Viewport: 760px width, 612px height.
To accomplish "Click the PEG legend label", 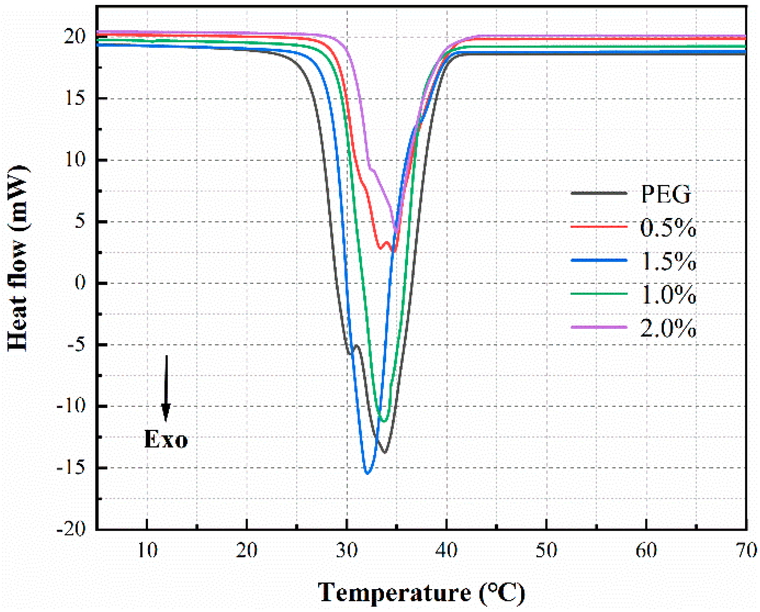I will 666,194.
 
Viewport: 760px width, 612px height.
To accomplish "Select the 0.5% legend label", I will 668,228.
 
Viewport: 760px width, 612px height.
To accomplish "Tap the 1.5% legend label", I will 668,261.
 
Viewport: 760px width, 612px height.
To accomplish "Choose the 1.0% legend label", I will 668,294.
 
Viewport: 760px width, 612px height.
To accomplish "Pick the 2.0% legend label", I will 668,328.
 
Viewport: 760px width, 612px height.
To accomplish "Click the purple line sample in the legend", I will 599,327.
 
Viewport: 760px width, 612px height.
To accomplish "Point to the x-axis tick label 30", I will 347,550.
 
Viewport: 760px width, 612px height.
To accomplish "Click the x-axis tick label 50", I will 546,550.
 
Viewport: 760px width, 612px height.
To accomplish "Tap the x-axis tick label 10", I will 147,550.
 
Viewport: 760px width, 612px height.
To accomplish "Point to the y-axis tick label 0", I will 80,283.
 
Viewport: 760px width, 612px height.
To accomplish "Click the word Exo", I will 166,439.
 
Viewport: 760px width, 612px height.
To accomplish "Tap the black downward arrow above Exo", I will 166,388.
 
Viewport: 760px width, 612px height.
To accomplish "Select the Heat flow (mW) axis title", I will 18,258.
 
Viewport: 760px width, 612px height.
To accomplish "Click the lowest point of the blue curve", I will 367,473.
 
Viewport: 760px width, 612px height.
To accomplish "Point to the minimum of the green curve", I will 384,421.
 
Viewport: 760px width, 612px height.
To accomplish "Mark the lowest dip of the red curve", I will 394,252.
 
